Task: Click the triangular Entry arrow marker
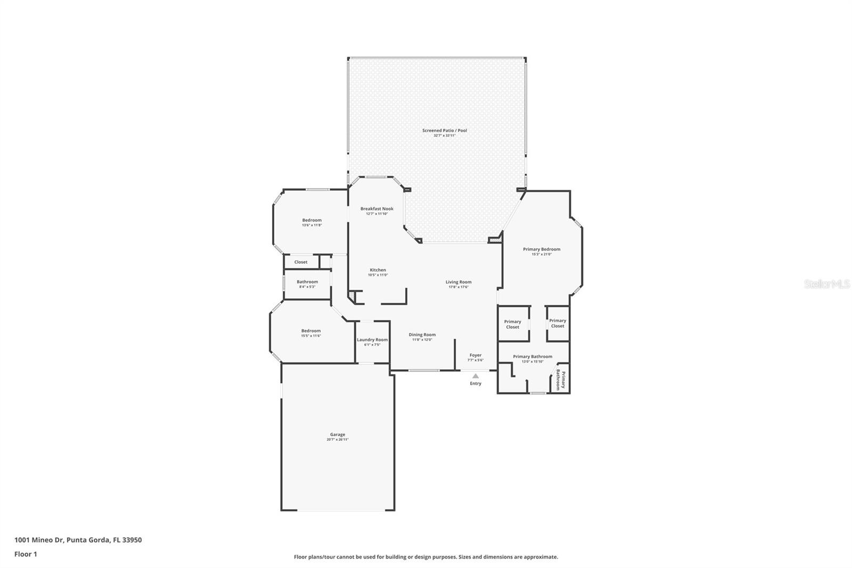point(476,376)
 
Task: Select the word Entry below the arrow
point(476,383)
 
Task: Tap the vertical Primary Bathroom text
point(560,379)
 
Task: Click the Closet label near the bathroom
point(300,262)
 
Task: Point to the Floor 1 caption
point(26,554)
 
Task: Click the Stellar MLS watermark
point(826,284)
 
